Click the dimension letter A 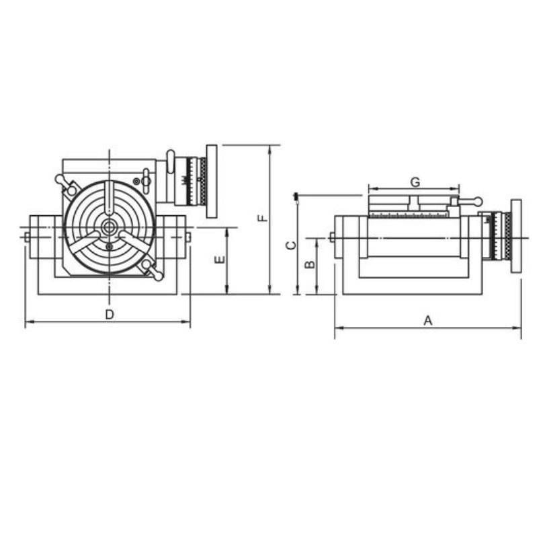coord(427,321)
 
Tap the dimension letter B coord(310,264)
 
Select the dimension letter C coord(291,245)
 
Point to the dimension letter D coord(109,314)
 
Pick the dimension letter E coord(219,260)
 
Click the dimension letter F coord(263,218)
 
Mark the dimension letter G coord(415,182)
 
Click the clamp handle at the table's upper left coord(67,184)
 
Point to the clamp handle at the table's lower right coord(151,270)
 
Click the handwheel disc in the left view coord(212,181)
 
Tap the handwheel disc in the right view coord(516,235)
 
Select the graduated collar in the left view coord(197,182)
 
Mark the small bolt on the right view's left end coord(332,237)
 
